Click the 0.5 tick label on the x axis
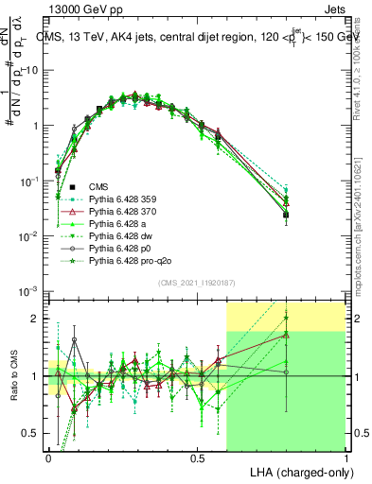(x=197, y=458)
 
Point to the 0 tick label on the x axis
(x=49, y=458)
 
